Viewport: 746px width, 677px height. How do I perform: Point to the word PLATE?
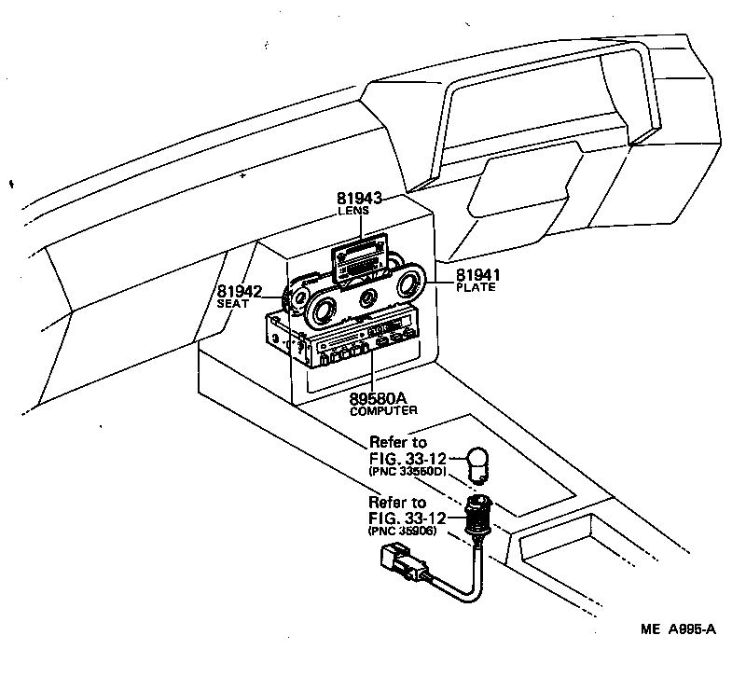(x=476, y=288)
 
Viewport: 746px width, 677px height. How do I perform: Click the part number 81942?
(x=240, y=291)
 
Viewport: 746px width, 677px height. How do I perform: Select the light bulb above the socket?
(x=478, y=463)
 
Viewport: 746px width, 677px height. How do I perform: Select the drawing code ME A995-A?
(x=679, y=630)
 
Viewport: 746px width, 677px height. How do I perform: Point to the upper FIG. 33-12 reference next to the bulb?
(x=408, y=457)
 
